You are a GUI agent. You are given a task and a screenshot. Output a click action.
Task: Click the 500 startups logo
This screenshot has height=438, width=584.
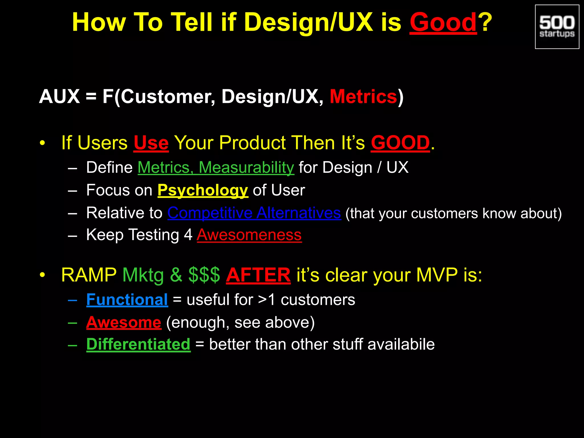coord(557,27)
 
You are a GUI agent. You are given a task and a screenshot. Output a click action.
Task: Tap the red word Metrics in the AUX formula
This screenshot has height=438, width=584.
coord(363,96)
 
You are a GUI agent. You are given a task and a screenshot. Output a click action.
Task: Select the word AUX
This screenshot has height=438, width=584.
coord(59,96)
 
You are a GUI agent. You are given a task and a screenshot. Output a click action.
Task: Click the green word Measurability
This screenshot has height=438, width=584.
coord(246,167)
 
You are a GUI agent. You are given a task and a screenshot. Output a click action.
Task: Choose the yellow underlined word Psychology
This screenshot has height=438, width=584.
coord(202,190)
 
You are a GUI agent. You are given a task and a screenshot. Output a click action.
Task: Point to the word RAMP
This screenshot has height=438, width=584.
coord(89,275)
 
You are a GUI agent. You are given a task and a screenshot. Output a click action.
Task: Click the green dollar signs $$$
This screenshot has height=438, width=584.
coord(204,275)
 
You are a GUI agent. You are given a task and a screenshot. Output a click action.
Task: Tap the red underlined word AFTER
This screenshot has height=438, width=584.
coord(258,275)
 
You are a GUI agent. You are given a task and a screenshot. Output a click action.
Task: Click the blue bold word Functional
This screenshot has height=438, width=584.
coord(127,300)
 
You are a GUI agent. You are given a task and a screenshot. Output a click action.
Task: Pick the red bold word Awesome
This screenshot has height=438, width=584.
coord(123,323)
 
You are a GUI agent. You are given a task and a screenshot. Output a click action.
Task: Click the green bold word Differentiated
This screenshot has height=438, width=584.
coord(138,344)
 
